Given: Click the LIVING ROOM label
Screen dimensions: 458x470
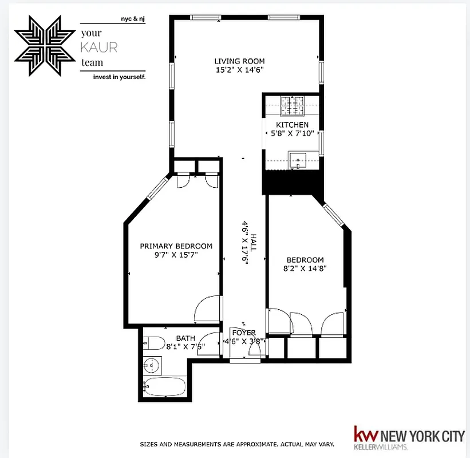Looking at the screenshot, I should coord(239,61).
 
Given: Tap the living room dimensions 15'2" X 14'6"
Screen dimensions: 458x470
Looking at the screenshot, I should coord(239,70).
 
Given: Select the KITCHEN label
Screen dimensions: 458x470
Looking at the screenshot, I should coord(292,125).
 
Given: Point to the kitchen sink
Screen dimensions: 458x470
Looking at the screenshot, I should coord(298,159).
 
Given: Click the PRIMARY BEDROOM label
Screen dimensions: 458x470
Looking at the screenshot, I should coord(176,246).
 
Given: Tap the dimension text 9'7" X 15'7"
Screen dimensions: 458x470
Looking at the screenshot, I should coord(176,255).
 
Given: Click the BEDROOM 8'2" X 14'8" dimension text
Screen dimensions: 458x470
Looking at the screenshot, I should coord(305,268).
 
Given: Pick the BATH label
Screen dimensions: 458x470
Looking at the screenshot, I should coord(185,338).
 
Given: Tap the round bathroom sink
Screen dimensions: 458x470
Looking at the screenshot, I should coord(151,364).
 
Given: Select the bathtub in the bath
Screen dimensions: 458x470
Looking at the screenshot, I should coord(164,387).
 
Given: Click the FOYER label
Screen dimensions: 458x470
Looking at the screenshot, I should coord(243,333).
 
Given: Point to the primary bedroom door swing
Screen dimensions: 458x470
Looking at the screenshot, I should coord(207,309).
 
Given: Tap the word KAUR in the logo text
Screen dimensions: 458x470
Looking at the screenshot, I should coord(99,48).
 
